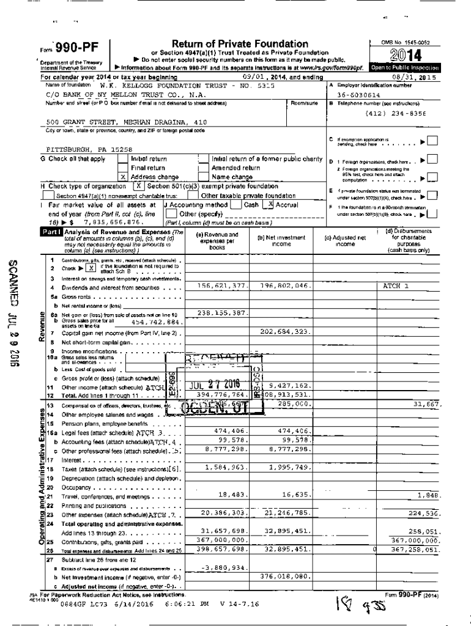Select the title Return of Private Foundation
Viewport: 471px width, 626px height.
240,44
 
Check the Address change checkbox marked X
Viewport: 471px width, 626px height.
123,177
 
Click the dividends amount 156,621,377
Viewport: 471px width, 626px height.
222,285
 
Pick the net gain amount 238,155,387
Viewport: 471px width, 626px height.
222,312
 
